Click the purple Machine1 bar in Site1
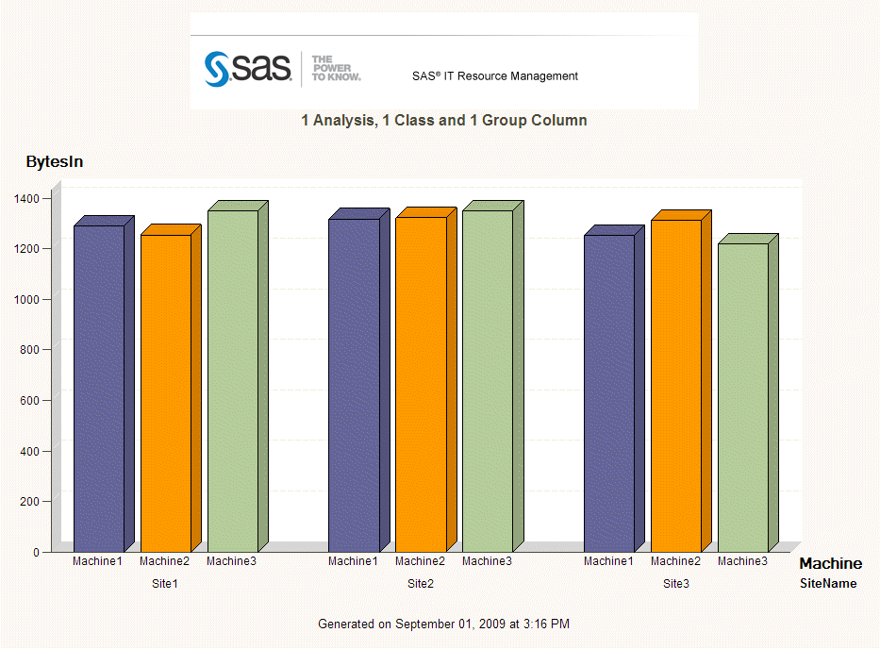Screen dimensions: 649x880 [99, 388]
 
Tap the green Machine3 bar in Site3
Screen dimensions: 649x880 [743, 397]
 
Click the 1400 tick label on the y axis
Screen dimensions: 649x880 [26, 198]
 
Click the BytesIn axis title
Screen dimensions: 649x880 [55, 162]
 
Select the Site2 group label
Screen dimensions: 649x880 [421, 584]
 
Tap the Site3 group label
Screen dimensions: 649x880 [676, 584]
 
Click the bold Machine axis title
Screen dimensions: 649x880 [830, 564]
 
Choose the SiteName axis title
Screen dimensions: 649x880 [828, 584]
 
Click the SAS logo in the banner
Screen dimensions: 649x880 [248, 69]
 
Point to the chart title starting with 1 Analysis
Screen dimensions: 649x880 [444, 121]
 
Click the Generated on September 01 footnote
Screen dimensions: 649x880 [444, 624]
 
